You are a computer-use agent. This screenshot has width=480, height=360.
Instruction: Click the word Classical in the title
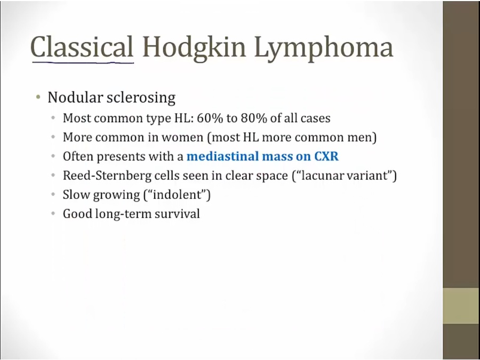point(82,47)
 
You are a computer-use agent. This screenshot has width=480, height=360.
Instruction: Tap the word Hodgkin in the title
point(194,47)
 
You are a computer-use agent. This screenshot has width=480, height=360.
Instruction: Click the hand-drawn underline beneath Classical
point(83,63)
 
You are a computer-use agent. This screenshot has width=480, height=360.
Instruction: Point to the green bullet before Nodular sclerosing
point(38,98)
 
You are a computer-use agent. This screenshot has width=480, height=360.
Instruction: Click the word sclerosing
point(141,98)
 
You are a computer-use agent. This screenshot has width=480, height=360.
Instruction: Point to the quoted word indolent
point(177,195)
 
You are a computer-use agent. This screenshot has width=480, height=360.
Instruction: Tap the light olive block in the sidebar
point(461,306)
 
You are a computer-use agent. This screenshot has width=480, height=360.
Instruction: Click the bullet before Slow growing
point(53,195)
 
